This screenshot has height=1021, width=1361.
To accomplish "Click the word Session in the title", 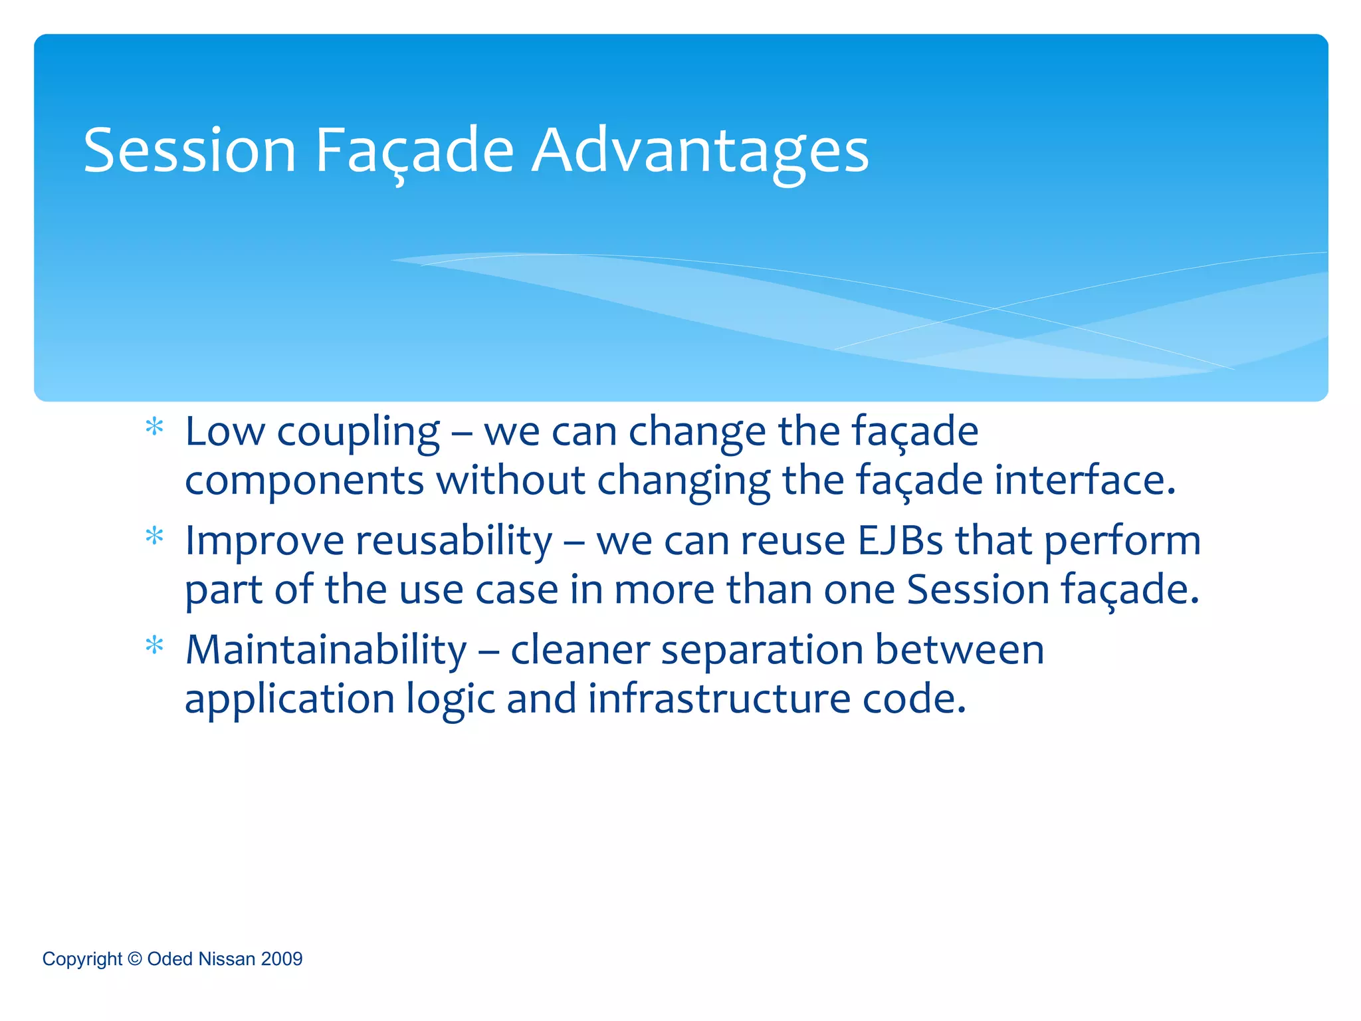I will click(x=189, y=151).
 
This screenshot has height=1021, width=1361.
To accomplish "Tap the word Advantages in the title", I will click(x=700, y=151).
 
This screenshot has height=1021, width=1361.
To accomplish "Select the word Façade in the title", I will click(x=414, y=151).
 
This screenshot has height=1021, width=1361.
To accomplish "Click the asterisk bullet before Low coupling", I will click(x=154, y=427).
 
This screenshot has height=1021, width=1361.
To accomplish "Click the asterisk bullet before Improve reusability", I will click(x=154, y=536).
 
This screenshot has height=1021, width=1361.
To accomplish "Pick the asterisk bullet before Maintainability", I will click(x=154, y=645).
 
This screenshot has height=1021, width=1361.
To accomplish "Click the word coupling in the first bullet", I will click(x=358, y=433).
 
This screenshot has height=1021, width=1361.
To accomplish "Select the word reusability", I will click(x=453, y=540).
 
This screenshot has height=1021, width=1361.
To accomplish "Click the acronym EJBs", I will click(x=900, y=540).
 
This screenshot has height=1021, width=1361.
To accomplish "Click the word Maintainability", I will click(x=326, y=649).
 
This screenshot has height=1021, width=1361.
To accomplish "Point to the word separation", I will click(x=762, y=651).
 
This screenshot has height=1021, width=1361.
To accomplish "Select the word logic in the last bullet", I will click(x=451, y=700).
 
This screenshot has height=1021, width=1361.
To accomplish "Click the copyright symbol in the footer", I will click(x=135, y=959).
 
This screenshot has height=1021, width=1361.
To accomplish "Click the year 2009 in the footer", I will click(x=282, y=959).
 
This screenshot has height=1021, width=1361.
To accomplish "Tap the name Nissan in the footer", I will click(x=227, y=959).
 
